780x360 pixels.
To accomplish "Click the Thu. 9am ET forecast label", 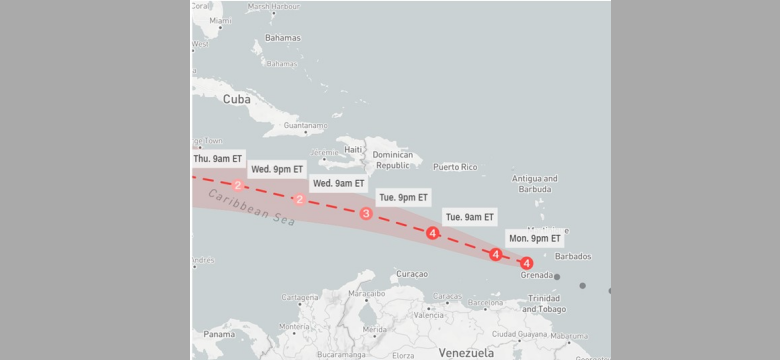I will [x=217, y=158].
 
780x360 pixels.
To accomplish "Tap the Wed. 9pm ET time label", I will [x=276, y=169].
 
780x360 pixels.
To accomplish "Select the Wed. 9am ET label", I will [x=338, y=183].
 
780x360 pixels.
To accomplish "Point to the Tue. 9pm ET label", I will [x=404, y=197].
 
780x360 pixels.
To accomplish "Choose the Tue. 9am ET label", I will [x=469, y=217].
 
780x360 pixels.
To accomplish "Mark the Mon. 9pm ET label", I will [x=535, y=238].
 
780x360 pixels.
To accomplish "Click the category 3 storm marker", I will [x=366, y=214].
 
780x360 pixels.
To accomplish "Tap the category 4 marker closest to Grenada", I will [x=527, y=263].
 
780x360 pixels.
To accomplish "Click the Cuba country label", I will [x=237, y=99].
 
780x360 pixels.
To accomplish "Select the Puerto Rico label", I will [x=455, y=166].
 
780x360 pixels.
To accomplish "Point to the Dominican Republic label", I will [x=393, y=160].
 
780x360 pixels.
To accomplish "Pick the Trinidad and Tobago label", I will [x=545, y=304].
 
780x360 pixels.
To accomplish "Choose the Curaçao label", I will [x=412, y=274].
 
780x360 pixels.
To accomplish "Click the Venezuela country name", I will [x=466, y=352].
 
